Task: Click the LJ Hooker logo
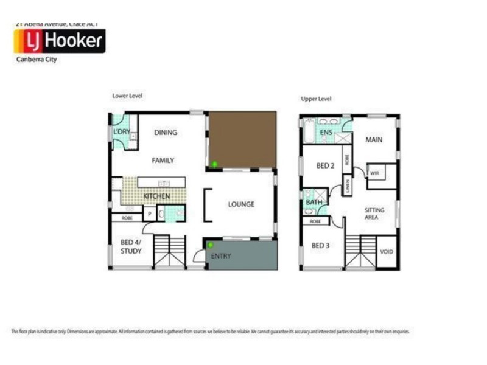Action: [59, 41]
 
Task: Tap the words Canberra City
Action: [36, 60]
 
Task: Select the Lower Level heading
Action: [127, 96]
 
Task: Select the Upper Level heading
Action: [316, 99]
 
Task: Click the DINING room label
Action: [165, 133]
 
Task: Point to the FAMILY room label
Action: [163, 161]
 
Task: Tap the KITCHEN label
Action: [156, 197]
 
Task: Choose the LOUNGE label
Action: [241, 204]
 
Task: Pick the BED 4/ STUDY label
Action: [131, 246]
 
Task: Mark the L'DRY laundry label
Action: [122, 132]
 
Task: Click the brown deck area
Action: [242, 139]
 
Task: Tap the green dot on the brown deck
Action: [214, 164]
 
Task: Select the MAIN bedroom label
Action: [374, 140]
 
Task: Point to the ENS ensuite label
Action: [326, 131]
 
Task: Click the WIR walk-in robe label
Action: [374, 172]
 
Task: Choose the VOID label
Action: [386, 252]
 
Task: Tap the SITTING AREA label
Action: [374, 213]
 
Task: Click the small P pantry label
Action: [149, 214]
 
